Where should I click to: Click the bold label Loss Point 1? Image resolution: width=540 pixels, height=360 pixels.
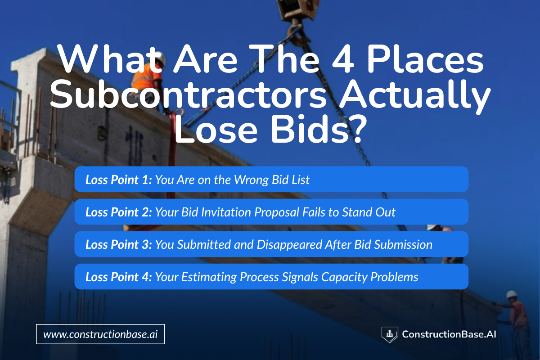(x=119, y=180)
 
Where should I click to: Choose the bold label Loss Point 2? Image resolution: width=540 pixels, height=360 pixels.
(x=119, y=212)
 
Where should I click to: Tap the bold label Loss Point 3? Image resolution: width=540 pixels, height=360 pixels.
(x=119, y=245)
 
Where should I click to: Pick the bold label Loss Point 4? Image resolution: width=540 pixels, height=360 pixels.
(x=119, y=277)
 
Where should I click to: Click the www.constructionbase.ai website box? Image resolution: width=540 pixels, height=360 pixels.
(x=100, y=334)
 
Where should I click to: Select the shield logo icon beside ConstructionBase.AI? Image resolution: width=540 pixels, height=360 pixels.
(x=389, y=334)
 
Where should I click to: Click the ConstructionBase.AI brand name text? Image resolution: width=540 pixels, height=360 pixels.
(x=449, y=334)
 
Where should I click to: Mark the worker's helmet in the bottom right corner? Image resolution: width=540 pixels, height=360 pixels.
(x=512, y=294)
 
